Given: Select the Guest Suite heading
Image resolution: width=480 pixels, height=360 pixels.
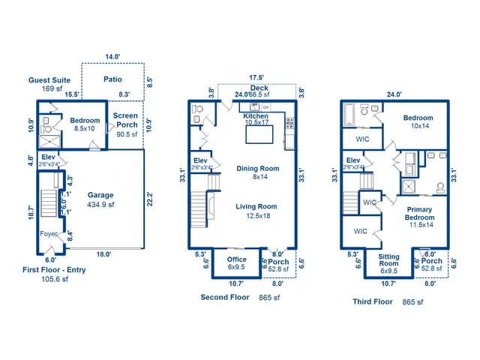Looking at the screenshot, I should coord(50,79).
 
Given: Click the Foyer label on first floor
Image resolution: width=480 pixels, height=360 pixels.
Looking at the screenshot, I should coord(49,234).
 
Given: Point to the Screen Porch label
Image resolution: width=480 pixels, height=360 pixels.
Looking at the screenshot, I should coord(126,120).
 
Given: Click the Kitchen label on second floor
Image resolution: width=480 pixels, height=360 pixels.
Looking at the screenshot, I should coord(256,116).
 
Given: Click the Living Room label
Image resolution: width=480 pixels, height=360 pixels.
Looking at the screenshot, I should coord(256,206).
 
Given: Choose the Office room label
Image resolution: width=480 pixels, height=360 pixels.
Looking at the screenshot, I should coord(236,259).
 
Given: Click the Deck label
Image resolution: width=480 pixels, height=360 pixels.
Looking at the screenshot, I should coord(259,88).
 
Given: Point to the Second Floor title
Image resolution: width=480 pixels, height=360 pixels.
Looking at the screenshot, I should coord(225,298).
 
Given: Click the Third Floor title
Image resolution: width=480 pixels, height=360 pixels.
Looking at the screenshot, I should coord(373,301).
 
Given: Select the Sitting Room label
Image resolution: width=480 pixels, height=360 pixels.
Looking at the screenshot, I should coord(388,259).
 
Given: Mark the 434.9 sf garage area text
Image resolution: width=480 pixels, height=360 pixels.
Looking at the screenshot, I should coord(100,204).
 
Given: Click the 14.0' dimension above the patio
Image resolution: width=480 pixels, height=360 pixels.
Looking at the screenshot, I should coord(112,57).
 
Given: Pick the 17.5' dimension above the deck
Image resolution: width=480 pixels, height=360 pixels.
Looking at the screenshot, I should coord(257,77).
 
